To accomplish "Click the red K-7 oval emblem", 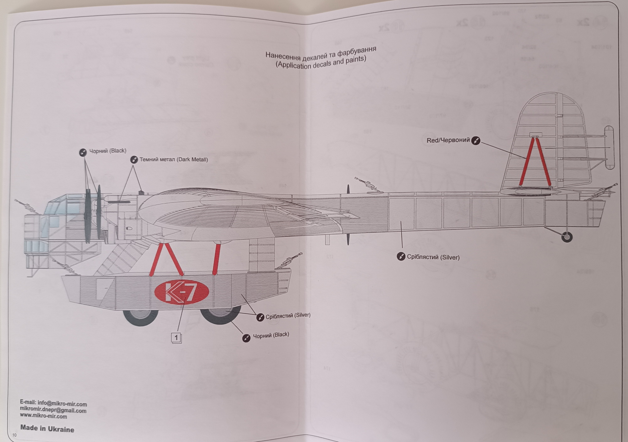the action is [181, 292].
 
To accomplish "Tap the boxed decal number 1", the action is [176, 338].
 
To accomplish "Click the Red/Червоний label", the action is [448, 140].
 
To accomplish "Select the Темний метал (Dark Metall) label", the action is [174, 159].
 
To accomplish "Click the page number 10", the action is [14, 435].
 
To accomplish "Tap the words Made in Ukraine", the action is [47, 429].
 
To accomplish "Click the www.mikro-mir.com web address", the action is [43, 416].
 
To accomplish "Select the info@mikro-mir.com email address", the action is [62, 404].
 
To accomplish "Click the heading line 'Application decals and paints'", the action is [321, 62].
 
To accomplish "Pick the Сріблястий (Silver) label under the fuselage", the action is [433, 257].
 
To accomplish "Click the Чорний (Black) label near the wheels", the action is [271, 335].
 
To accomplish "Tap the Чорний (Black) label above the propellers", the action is [108, 151].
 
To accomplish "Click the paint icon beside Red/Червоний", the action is [476, 141].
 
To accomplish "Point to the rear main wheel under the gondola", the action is [220, 314].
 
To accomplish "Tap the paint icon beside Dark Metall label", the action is [134, 160].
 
